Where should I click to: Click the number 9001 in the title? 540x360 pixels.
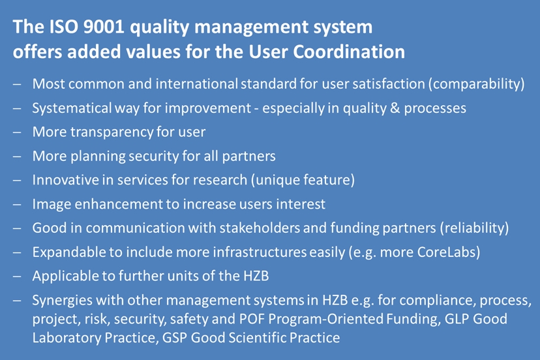click(103, 27)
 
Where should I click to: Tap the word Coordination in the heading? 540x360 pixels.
click(349, 52)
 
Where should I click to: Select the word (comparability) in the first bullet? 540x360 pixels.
click(477, 84)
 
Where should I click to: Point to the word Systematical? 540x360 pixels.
click(71, 108)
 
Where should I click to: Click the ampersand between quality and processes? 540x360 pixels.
click(395, 108)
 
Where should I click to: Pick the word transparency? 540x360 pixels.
click(112, 132)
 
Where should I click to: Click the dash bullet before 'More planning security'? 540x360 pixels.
click(17, 157)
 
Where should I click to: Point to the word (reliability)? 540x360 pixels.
click(474, 228)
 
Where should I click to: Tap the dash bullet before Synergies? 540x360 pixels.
click(17, 301)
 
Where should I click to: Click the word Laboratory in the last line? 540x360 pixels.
click(67, 338)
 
